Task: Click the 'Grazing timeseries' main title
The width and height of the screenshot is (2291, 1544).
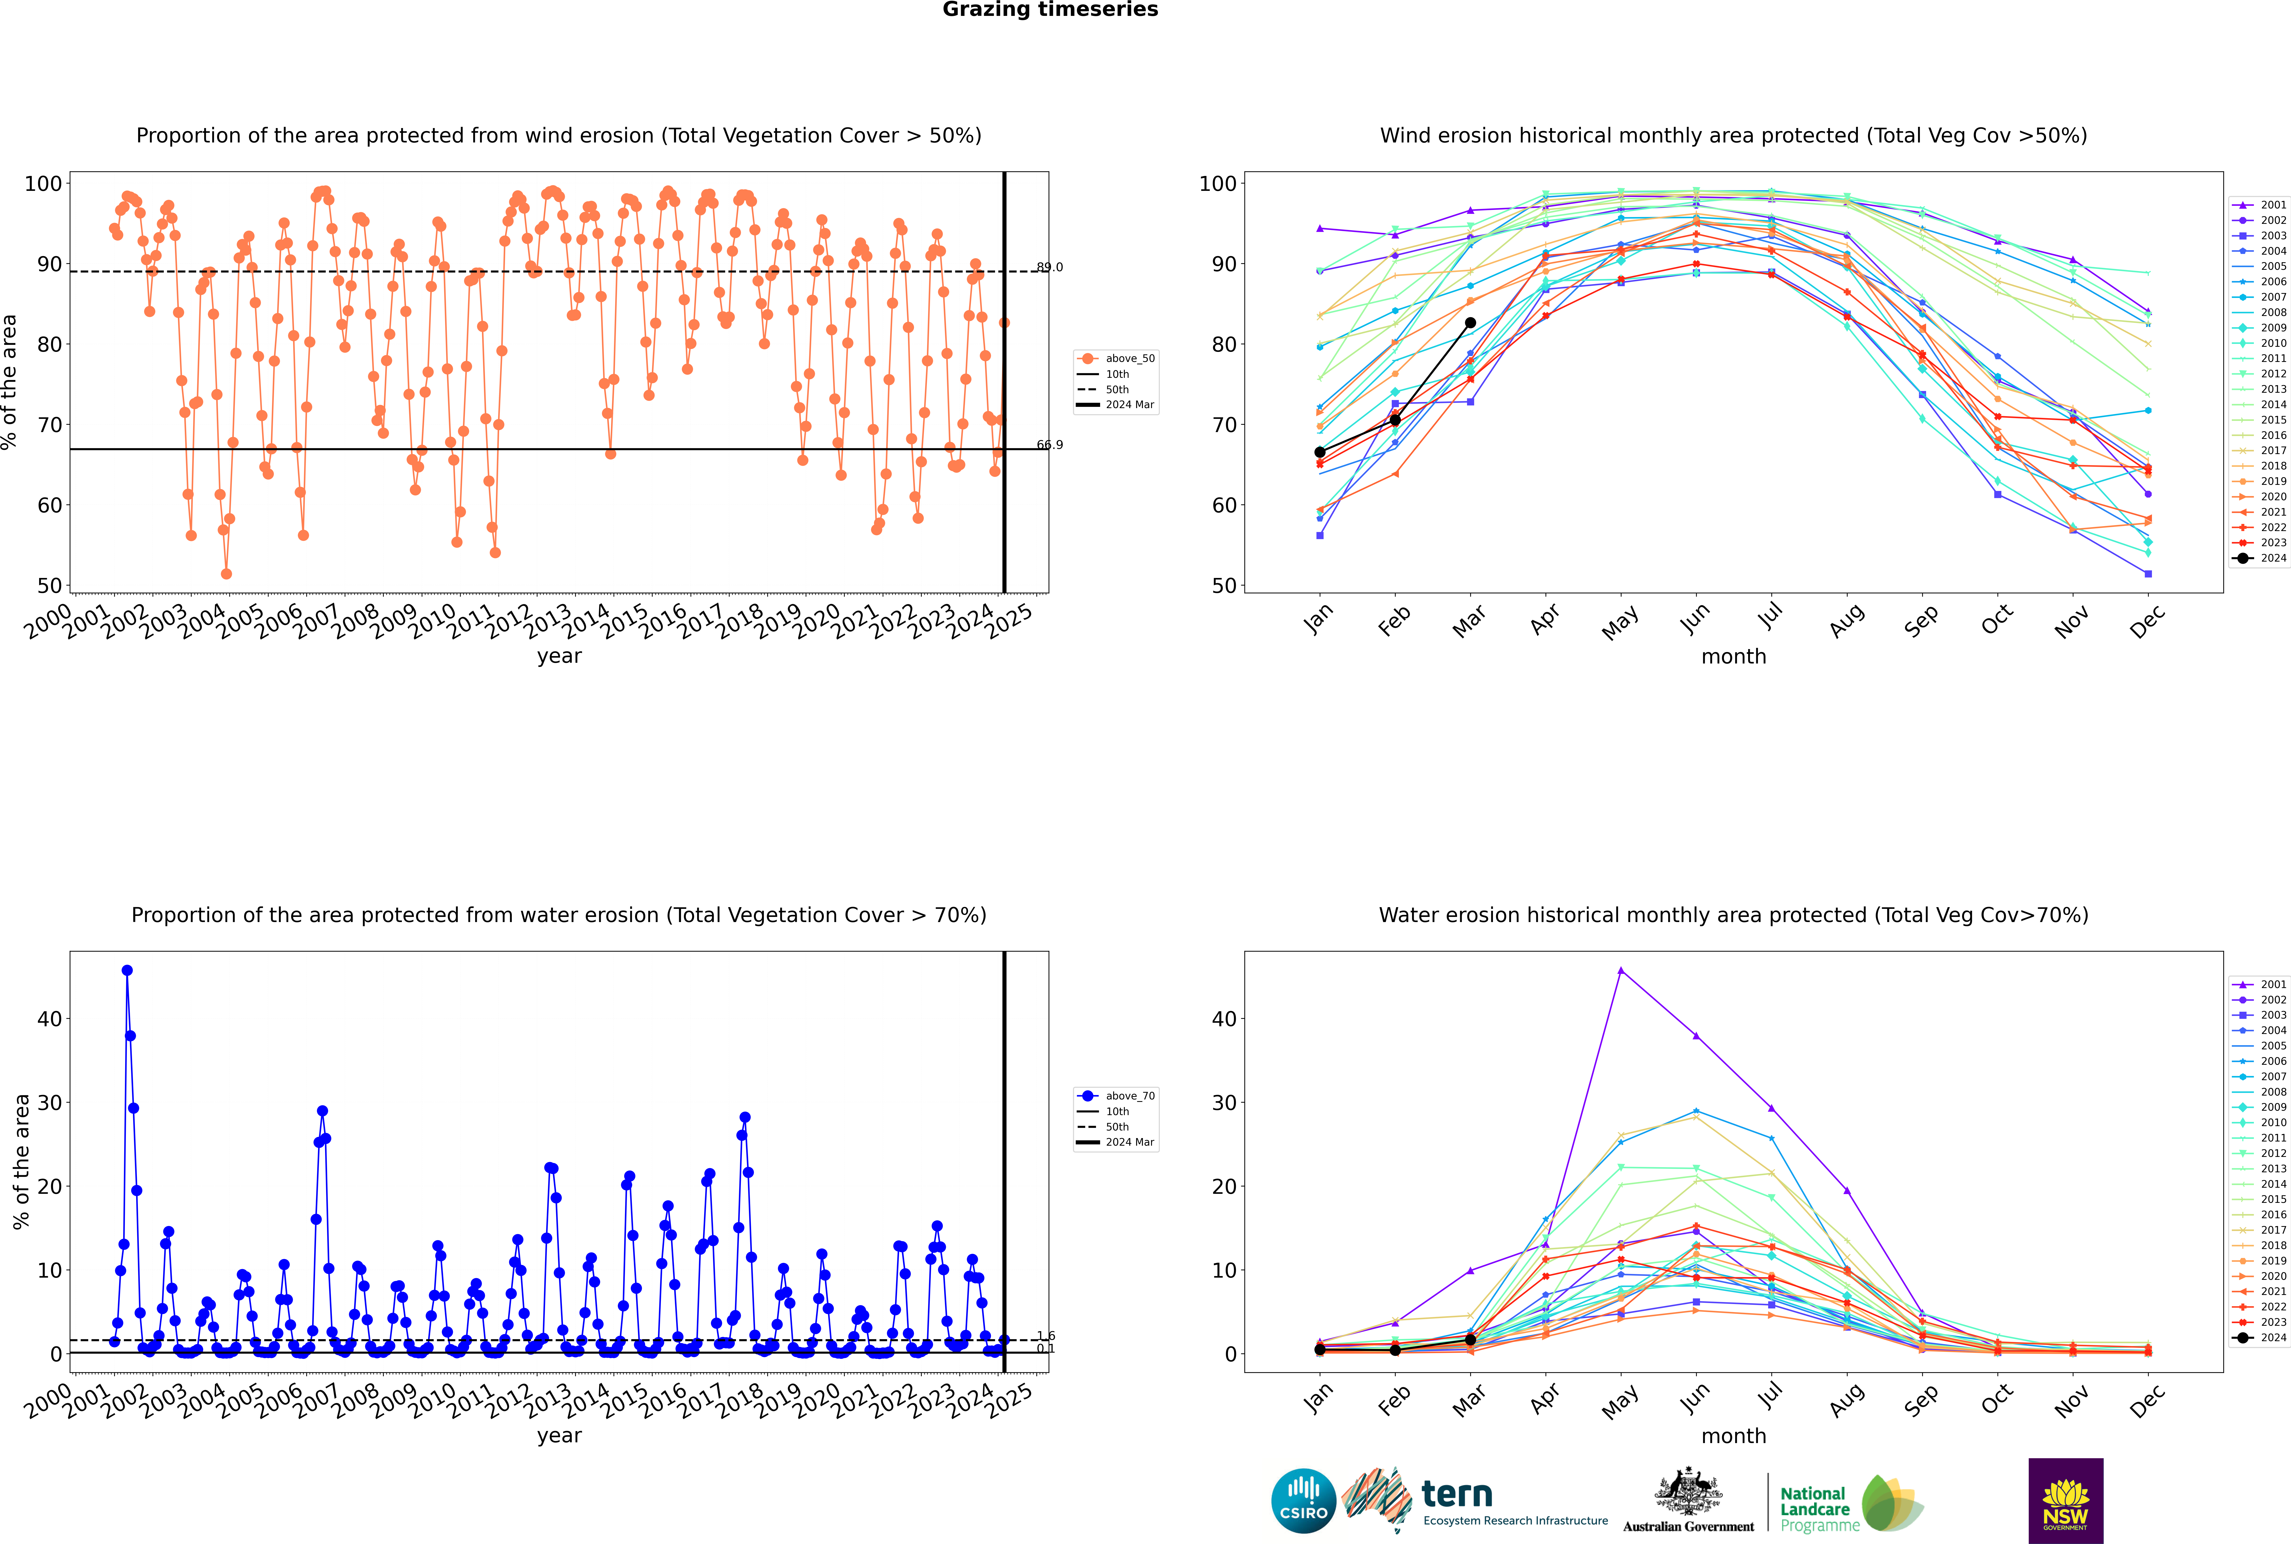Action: (1050, 10)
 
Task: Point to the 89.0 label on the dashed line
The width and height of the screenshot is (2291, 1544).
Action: (1049, 267)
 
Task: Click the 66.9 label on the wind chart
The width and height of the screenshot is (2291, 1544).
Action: (1049, 445)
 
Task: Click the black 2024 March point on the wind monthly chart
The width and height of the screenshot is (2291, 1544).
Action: (1469, 323)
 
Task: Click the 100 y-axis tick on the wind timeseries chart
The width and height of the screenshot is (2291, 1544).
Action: (43, 184)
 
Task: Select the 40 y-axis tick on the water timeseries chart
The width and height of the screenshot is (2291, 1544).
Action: (49, 1019)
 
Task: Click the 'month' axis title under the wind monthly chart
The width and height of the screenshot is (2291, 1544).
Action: (1733, 657)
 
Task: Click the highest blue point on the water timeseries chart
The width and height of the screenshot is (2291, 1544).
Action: (127, 971)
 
